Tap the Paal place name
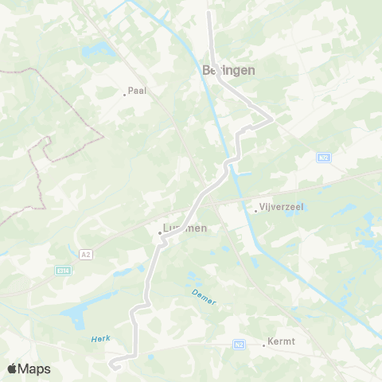tap(138, 91)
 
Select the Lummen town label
tap(185, 228)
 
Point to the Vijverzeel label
tap(283, 207)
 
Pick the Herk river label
tap(100, 339)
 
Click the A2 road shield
tap(86, 254)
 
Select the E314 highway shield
tap(63, 271)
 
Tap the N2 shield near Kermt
tap(240, 345)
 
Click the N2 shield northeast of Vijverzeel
tap(323, 158)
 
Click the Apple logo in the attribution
tap(12, 368)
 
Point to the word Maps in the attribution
tap(34, 368)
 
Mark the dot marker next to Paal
tap(124, 94)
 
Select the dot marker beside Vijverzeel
tap(256, 211)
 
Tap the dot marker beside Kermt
tap(264, 345)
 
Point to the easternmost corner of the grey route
tap(272, 119)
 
